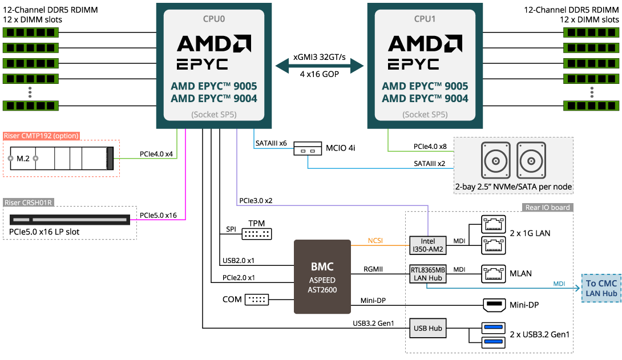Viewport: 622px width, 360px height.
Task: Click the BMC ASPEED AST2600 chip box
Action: [x=322, y=277]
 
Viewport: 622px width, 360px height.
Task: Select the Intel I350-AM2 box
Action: [x=428, y=245]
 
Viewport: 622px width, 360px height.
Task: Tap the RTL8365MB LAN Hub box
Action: [x=428, y=274]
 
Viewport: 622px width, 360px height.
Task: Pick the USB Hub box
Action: [x=428, y=328]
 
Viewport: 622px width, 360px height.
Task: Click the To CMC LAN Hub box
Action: [x=601, y=288]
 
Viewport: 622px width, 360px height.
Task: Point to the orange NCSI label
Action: [x=375, y=241]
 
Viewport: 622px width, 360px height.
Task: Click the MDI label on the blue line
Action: [x=559, y=284]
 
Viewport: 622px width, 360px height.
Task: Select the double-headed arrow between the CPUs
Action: [x=320, y=67]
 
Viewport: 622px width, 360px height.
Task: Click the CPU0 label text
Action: [x=214, y=19]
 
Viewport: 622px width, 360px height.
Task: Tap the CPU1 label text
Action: [x=425, y=19]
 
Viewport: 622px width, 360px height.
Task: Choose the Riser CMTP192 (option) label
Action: [x=41, y=136]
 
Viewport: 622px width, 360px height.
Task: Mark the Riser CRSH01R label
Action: [x=29, y=202]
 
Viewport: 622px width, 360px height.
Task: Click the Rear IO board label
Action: [x=547, y=208]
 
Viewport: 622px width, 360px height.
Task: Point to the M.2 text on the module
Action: [x=23, y=158]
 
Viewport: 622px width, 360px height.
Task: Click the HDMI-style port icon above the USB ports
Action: [x=494, y=305]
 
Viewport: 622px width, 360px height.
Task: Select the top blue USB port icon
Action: [x=494, y=327]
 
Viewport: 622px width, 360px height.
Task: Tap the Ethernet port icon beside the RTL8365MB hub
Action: [x=494, y=273]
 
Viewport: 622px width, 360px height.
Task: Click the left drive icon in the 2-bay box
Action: [x=496, y=160]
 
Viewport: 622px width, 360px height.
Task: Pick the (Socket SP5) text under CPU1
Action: [x=425, y=115]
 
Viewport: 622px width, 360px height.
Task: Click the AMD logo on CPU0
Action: [x=214, y=44]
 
